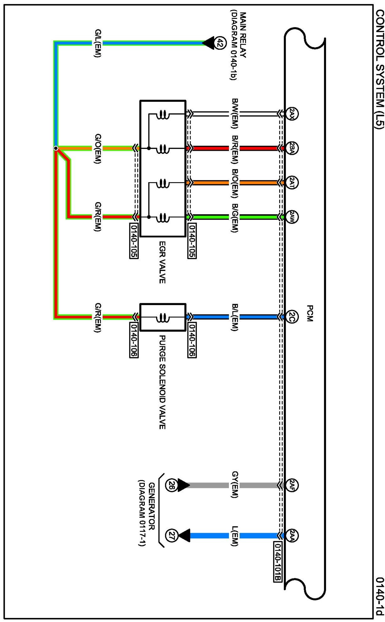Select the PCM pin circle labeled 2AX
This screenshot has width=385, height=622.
tap(292, 114)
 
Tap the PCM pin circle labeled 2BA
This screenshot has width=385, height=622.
tap(292, 148)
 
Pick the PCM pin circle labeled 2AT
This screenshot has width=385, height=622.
tap(292, 183)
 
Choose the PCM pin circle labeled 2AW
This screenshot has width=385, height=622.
tap(292, 217)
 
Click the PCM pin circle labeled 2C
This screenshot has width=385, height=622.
tap(292, 316)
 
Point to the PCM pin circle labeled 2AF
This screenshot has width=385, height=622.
tap(292, 485)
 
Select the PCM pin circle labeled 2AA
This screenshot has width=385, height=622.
tap(292, 535)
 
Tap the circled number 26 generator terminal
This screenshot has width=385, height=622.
tap(171, 485)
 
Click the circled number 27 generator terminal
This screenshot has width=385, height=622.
tap(171, 535)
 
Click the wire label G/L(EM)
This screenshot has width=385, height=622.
tap(98, 43)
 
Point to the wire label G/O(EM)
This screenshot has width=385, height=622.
tap(98, 148)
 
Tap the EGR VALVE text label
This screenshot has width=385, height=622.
tap(162, 262)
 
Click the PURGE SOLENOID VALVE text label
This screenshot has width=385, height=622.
tap(162, 382)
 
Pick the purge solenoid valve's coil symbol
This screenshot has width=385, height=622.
tap(162, 318)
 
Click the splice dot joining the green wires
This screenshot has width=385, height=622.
tap(56, 148)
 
